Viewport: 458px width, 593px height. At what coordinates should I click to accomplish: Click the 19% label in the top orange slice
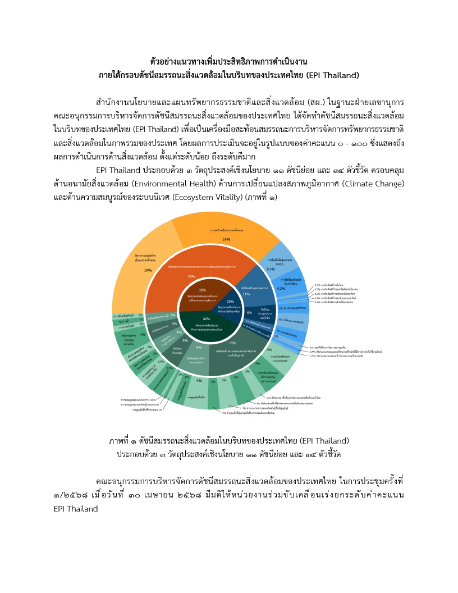tap(226, 239)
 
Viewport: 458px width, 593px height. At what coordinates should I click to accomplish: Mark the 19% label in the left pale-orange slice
tap(148, 270)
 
